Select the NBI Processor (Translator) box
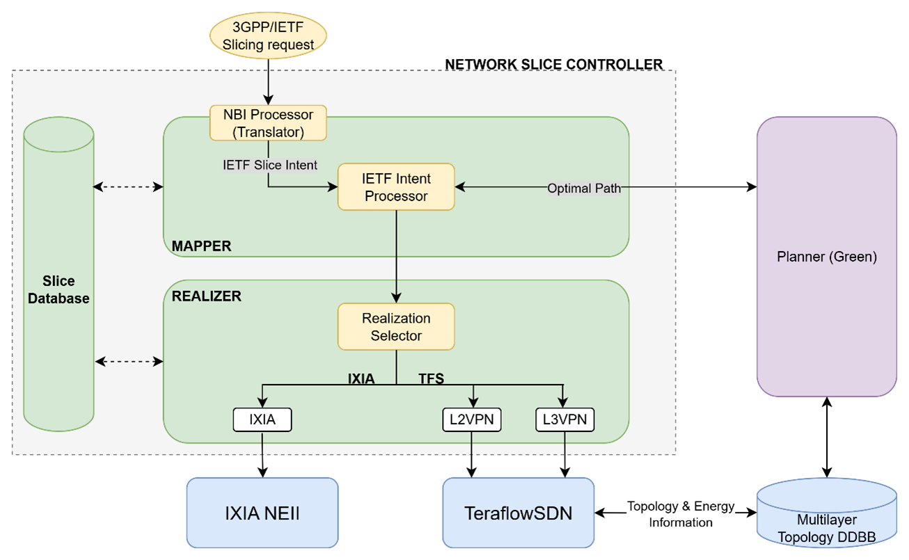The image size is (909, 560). click(268, 123)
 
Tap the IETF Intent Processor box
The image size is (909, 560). click(396, 187)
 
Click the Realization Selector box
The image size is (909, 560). click(396, 327)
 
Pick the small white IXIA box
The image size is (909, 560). click(262, 420)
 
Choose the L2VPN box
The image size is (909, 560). click(472, 420)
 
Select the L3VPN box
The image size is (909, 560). click(564, 420)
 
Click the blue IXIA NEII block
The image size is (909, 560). click(262, 513)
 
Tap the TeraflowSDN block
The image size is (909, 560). click(519, 513)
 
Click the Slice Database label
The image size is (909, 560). click(58, 290)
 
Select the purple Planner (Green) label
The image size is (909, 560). click(826, 257)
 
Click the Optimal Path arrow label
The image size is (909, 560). click(583, 189)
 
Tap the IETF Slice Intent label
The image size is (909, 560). click(270, 165)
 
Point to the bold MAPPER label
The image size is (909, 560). click(201, 246)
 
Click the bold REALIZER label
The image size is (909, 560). click(206, 296)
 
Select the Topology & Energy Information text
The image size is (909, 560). click(680, 515)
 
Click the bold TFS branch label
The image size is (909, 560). click(431, 379)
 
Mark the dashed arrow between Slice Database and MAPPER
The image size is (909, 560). click(128, 187)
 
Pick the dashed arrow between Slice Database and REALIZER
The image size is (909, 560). click(129, 361)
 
